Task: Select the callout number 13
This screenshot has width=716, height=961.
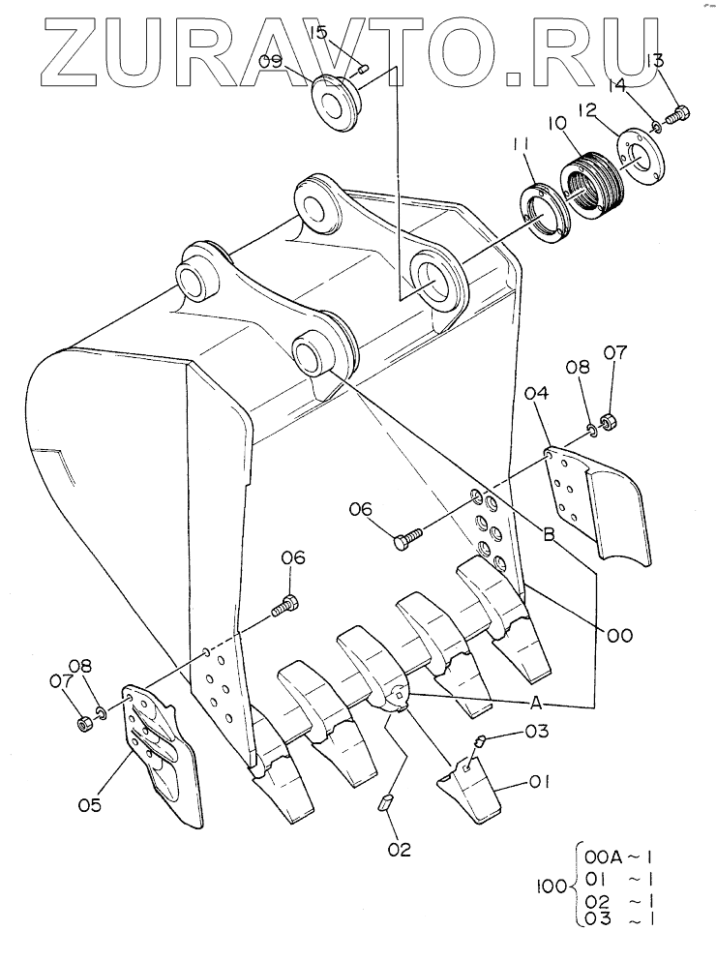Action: pos(655,62)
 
